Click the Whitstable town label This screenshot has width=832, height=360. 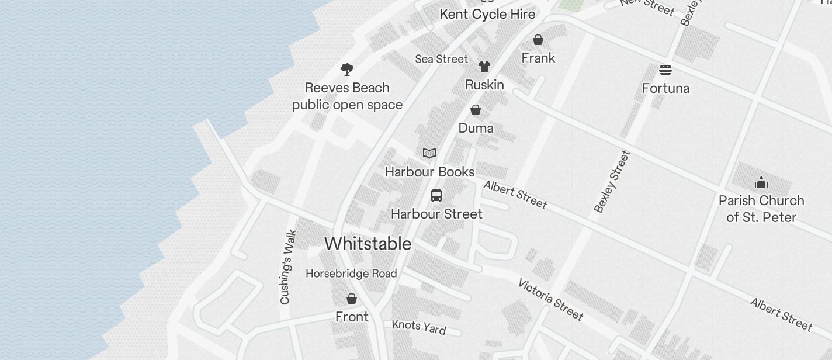click(368, 244)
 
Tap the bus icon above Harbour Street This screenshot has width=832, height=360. click(436, 196)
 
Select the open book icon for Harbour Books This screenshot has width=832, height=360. click(429, 153)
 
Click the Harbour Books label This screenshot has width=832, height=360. click(429, 172)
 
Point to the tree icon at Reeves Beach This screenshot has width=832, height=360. click(347, 70)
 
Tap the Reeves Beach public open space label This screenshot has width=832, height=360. click(347, 96)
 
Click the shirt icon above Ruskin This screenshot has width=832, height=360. click(484, 67)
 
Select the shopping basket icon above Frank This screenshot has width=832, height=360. click(538, 40)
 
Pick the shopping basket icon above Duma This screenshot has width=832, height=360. click(476, 110)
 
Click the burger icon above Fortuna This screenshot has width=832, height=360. click(665, 70)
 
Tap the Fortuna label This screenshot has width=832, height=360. click(665, 88)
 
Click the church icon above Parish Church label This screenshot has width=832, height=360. click(761, 183)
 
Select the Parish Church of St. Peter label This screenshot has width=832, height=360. click(761, 209)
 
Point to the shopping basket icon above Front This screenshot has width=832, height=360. click(352, 299)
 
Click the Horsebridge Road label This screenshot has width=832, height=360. click(351, 274)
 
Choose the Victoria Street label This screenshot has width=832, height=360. click(550, 299)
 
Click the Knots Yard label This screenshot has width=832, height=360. click(418, 327)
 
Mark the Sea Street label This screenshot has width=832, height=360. click(442, 59)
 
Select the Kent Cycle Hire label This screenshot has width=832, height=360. click(487, 14)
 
